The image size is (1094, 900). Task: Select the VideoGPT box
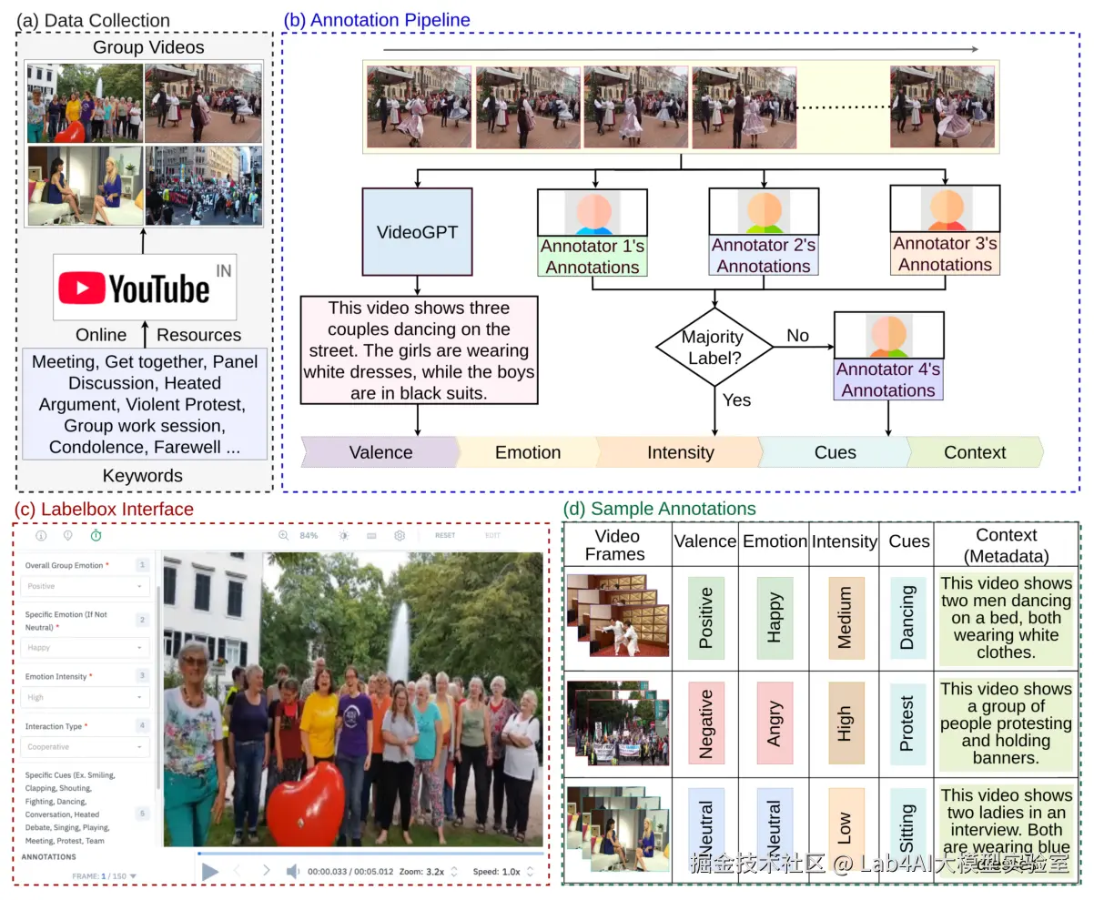coord(417,232)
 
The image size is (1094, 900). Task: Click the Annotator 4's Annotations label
coord(888,380)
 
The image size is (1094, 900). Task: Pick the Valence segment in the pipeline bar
coord(380,452)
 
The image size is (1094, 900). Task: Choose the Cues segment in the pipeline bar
coord(835,452)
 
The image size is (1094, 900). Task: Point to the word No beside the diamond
coord(797,336)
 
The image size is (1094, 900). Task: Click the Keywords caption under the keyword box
coord(143,476)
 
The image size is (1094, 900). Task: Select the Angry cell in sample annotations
coord(775,723)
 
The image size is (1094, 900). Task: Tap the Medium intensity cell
coord(845,617)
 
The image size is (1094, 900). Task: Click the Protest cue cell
coord(907,723)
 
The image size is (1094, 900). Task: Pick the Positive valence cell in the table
coord(705,617)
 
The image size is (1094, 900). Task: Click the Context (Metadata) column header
coord(1006,545)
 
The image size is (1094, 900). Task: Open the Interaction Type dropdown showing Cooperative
coord(86,747)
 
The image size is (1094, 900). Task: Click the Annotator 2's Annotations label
coord(764,256)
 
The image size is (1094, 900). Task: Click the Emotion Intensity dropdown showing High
coord(86,697)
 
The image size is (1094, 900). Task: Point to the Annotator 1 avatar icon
coord(592,212)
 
